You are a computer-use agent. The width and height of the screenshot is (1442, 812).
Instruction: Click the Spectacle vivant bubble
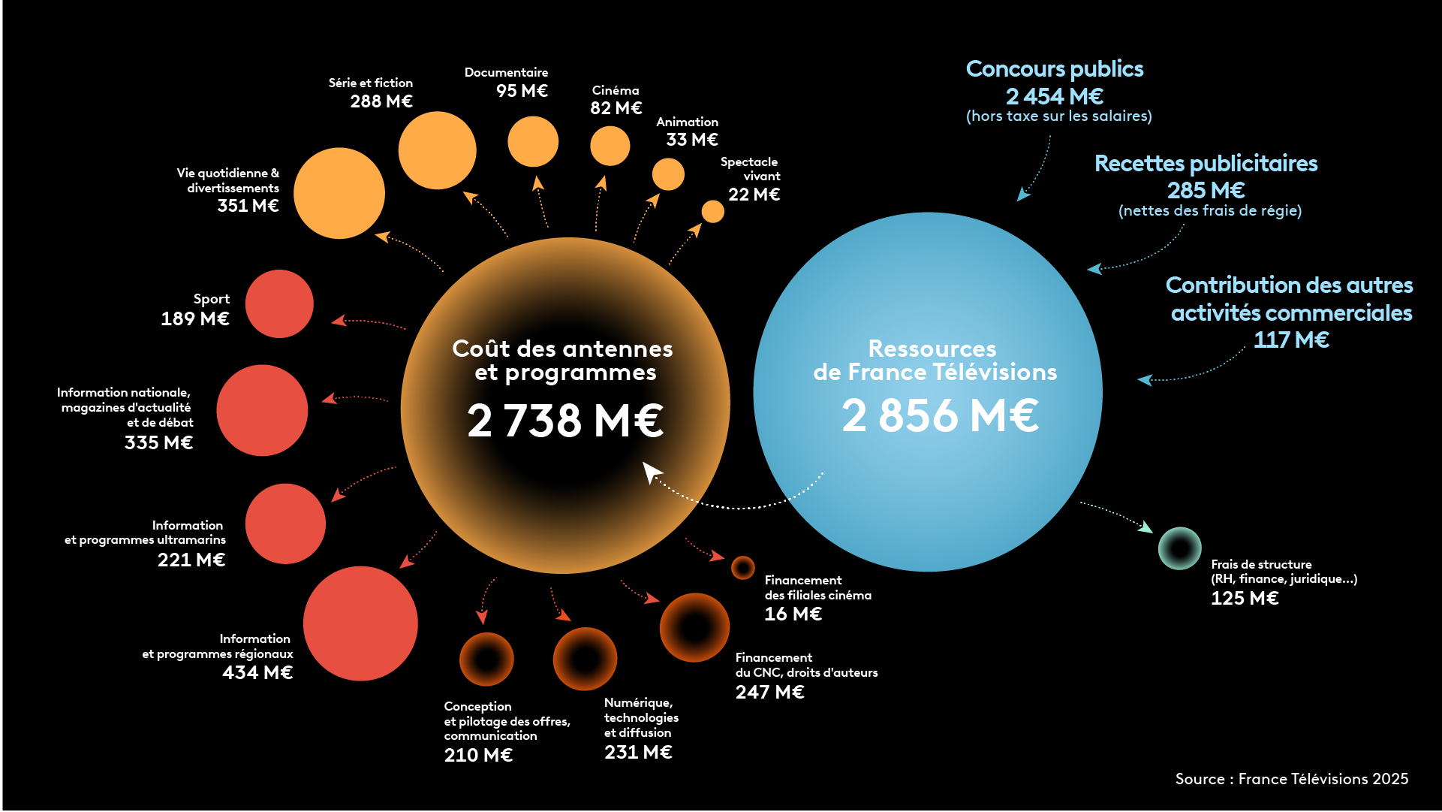pyautogui.click(x=712, y=211)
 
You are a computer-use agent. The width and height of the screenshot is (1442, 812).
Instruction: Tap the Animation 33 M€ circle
pyautogui.click(x=668, y=174)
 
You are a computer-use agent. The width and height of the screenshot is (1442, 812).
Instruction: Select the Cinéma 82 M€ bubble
pyautogui.click(x=610, y=146)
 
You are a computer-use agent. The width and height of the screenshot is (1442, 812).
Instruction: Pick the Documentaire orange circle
pyautogui.click(x=532, y=141)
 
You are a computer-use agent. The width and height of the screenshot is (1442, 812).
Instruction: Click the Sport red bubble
pyautogui.click(x=279, y=303)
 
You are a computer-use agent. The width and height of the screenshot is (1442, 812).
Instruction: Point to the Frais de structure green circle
pyautogui.click(x=1179, y=548)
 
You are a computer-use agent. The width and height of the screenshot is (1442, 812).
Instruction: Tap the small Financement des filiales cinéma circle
pyautogui.click(x=742, y=568)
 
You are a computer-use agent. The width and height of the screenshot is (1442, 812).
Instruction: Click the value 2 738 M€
pyautogui.click(x=565, y=420)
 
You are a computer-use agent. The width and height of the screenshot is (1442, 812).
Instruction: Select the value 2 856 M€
pyautogui.click(x=940, y=415)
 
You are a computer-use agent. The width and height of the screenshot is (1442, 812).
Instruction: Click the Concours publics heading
pyautogui.click(x=1054, y=69)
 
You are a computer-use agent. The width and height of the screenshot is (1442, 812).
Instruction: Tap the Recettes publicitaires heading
pyautogui.click(x=1206, y=164)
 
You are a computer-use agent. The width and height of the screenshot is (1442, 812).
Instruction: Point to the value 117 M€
pyautogui.click(x=1291, y=340)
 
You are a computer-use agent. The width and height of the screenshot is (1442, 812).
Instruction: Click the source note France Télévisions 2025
pyautogui.click(x=1291, y=779)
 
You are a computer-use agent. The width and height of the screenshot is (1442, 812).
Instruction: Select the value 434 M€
pyautogui.click(x=257, y=672)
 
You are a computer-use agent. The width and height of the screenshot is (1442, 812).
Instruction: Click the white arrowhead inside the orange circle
pyautogui.click(x=651, y=471)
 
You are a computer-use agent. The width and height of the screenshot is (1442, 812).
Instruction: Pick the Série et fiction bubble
pyautogui.click(x=437, y=150)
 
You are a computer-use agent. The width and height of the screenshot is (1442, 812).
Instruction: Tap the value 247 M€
pyautogui.click(x=769, y=692)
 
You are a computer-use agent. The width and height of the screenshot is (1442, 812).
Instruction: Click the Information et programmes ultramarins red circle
pyautogui.click(x=285, y=524)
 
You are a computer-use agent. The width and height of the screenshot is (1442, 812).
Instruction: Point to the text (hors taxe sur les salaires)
pyautogui.click(x=1058, y=116)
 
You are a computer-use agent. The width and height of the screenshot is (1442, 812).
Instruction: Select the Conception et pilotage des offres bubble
pyautogui.click(x=486, y=659)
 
